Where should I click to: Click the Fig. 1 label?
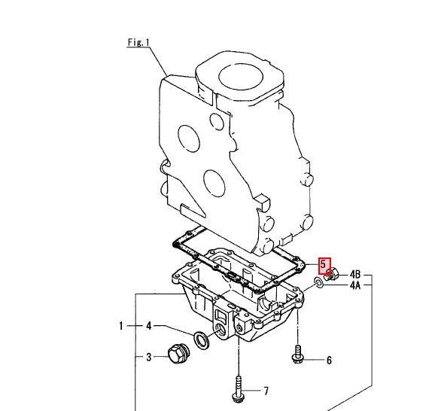click(138, 42)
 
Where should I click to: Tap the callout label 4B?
click(355, 275)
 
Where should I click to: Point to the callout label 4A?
click(355, 285)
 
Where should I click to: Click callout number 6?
click(329, 361)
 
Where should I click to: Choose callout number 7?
click(266, 391)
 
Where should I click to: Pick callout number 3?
click(149, 357)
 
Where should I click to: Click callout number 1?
click(121, 326)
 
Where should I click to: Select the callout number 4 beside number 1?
click(149, 326)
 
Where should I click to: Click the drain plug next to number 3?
click(179, 354)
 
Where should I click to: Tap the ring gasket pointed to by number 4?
click(201, 340)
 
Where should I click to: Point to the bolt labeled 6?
click(298, 355)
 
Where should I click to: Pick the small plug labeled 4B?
click(333, 274)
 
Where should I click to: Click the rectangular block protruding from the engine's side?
click(262, 201)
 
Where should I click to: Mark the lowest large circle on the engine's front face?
click(214, 183)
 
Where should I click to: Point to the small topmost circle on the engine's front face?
click(217, 121)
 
